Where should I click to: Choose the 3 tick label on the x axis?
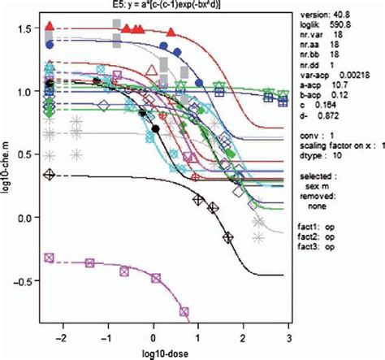[x=288, y=334]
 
